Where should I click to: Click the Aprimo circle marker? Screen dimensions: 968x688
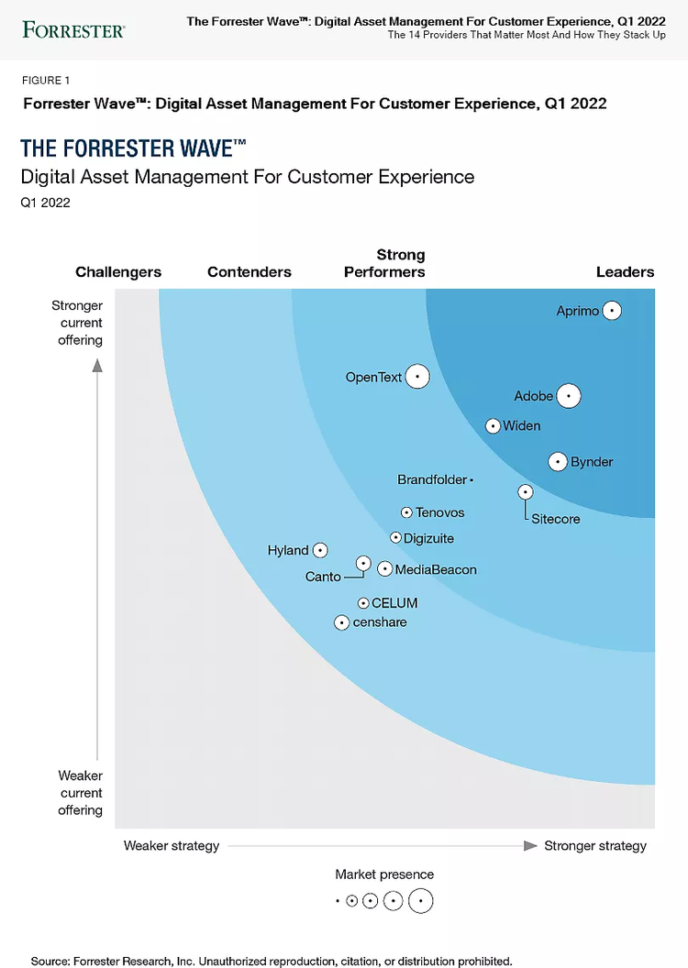click(x=612, y=311)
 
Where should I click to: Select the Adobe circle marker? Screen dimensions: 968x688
click(x=569, y=396)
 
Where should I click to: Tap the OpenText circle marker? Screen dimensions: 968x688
click(x=417, y=377)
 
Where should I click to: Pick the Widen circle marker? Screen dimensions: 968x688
click(x=493, y=425)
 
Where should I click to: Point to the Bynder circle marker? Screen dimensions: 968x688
click(x=558, y=462)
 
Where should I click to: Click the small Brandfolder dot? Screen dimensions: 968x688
click(x=471, y=479)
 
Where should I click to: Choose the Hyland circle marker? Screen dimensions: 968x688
click(x=320, y=550)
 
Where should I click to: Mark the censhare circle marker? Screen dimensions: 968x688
click(x=342, y=622)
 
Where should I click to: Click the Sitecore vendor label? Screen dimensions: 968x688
click(x=556, y=519)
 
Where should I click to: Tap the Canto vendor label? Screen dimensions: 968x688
click(x=323, y=577)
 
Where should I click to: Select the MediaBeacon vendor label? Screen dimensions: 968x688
click(x=436, y=569)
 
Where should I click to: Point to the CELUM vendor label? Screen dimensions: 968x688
click(x=394, y=603)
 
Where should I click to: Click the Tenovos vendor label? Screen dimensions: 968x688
click(x=440, y=512)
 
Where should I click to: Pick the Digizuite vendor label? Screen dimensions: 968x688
click(x=429, y=538)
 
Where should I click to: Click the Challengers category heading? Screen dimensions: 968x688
click(x=118, y=272)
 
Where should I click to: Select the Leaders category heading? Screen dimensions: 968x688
click(x=625, y=272)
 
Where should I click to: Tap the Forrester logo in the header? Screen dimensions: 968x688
click(x=73, y=30)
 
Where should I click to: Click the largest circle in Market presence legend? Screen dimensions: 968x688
click(x=420, y=901)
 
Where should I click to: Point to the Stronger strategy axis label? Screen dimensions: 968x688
click(x=595, y=846)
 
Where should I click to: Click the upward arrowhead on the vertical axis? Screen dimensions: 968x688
click(x=98, y=365)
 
